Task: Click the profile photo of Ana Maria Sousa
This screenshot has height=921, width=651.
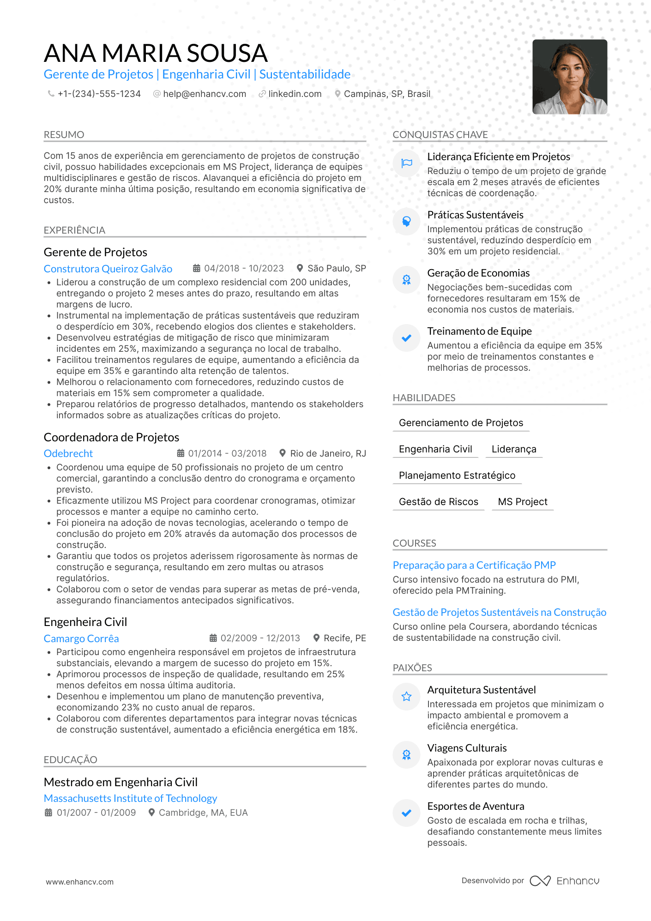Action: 569,77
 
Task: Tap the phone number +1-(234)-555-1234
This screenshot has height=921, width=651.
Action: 99,94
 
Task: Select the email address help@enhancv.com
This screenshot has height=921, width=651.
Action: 205,94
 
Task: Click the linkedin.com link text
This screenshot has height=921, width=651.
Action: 295,94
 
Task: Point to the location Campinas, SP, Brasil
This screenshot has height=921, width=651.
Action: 387,94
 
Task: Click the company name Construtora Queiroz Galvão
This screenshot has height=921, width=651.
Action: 108,269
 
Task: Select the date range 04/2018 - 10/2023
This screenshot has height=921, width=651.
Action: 244,268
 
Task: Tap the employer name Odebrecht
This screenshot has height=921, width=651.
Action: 68,453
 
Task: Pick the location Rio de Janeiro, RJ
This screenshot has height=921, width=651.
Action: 328,453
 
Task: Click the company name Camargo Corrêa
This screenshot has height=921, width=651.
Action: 81,638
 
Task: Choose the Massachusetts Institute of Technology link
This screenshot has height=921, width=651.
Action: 130,798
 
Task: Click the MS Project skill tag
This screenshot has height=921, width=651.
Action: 523,502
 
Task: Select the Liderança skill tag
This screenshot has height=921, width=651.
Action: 514,449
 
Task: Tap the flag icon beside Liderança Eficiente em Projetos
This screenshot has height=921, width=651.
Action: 406,163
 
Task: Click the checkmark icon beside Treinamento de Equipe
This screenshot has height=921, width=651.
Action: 406,338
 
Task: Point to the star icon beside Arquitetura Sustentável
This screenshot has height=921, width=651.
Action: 406,696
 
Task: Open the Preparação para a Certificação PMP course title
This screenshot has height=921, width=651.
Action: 474,565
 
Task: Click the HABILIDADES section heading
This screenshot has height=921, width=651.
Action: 424,398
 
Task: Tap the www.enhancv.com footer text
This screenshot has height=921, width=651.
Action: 79,882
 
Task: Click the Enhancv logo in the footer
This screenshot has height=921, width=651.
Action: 565,881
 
